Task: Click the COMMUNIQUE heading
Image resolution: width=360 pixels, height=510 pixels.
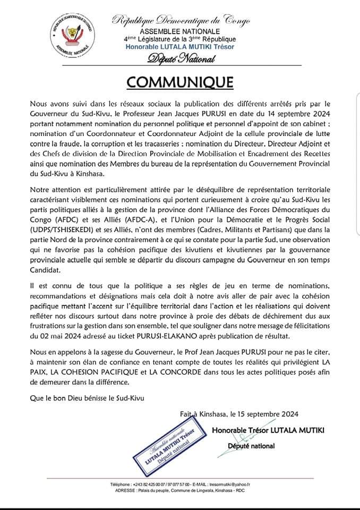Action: tap(179, 82)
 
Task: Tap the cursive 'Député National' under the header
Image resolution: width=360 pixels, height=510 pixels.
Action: tap(181, 59)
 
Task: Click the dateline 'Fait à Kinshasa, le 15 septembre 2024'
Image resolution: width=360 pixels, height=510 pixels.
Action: tap(239, 414)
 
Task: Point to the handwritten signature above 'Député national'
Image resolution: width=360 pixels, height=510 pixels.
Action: tap(244, 439)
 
